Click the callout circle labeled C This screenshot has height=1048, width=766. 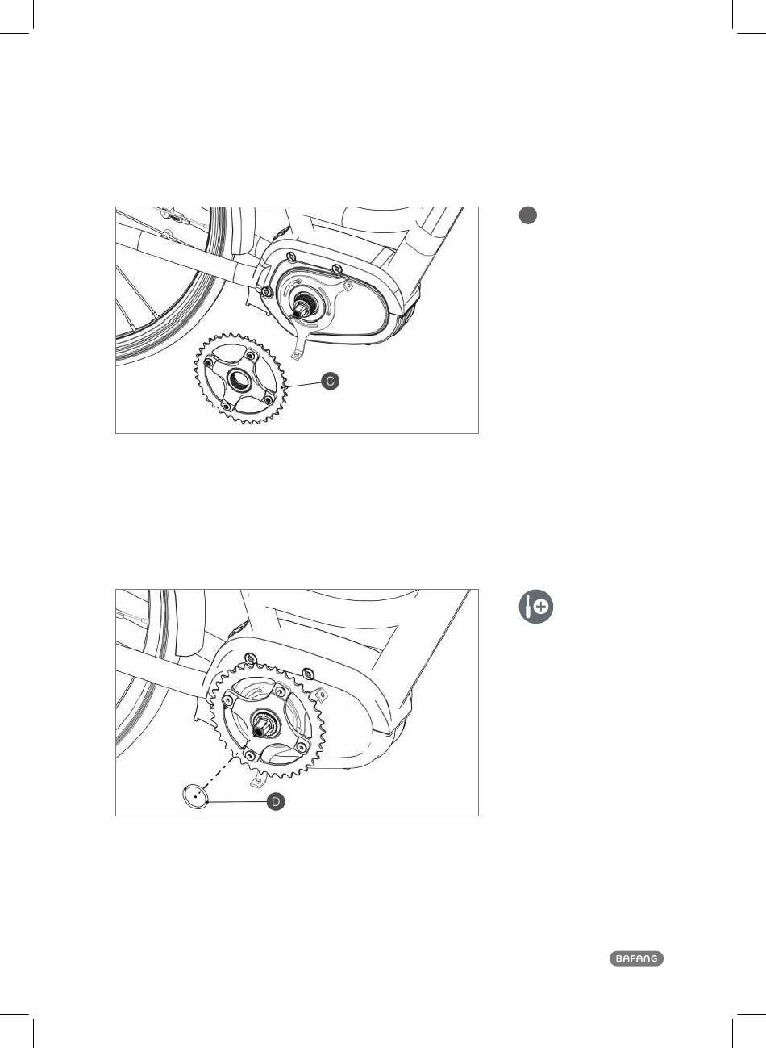click(x=330, y=381)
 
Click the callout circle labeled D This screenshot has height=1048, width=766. click(x=276, y=802)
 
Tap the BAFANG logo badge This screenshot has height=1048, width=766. click(x=636, y=958)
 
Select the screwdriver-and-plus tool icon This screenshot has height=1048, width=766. click(x=536, y=607)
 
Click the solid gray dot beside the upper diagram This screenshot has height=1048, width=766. click(x=528, y=215)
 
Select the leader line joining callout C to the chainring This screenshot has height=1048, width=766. click(x=304, y=385)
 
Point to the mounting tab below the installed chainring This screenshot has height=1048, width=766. click(x=257, y=780)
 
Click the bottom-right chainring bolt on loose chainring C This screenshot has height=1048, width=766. click(x=269, y=399)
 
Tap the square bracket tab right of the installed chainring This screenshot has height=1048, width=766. click(x=322, y=696)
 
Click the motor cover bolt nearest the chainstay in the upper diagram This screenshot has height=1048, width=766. click(x=267, y=292)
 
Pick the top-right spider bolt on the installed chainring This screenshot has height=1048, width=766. click(x=280, y=691)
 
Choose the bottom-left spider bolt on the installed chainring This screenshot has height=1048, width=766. click(x=249, y=754)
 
